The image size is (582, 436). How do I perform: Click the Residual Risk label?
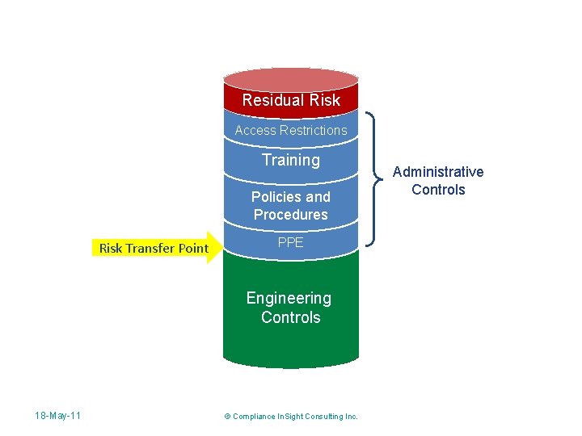291,101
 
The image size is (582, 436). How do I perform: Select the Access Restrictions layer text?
291,130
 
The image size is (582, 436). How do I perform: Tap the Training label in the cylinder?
291,160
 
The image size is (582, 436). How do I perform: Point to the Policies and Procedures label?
291,206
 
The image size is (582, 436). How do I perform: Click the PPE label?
291,242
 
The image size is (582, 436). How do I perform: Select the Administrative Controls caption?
438,181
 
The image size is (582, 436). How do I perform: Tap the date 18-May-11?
57,416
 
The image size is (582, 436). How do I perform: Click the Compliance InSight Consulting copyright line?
291,417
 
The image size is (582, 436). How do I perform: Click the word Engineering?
289,298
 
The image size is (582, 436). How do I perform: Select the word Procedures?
291,215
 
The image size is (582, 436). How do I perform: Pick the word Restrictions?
314,130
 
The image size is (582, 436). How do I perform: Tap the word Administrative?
438,172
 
